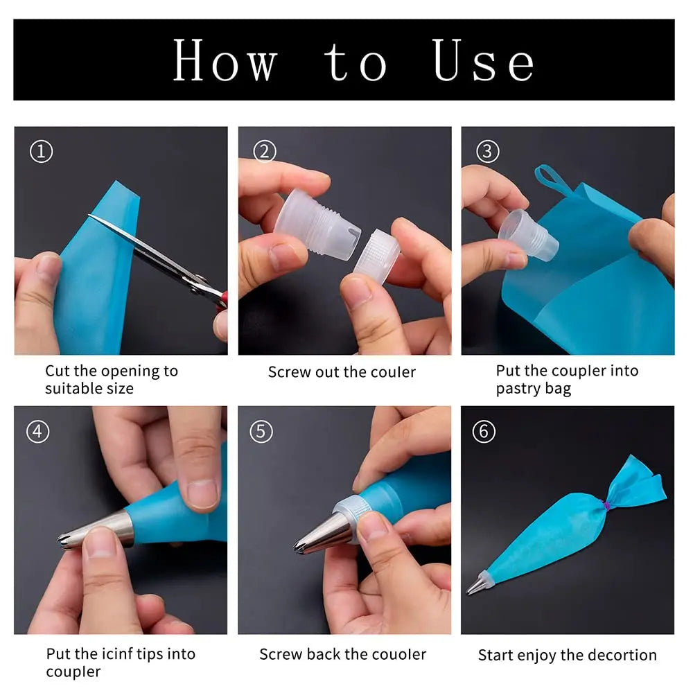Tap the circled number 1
(41, 151)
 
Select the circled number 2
(264, 151)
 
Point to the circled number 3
(487, 151)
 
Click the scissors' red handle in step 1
(220, 298)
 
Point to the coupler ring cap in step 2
(377, 254)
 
